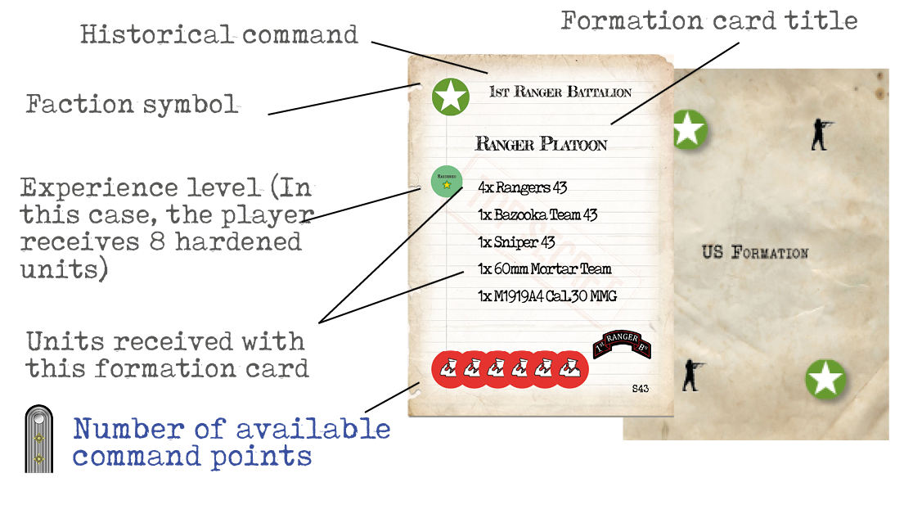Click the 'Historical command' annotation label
pyautogui.click(x=219, y=34)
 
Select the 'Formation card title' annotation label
pyautogui.click(x=708, y=21)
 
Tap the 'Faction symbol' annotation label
pyautogui.click(x=132, y=104)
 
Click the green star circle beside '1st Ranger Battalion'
pyautogui.click(x=450, y=97)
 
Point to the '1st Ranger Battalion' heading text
pyautogui.click(x=560, y=92)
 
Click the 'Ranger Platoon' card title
pyautogui.click(x=541, y=145)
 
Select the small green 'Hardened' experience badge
pyautogui.click(x=446, y=181)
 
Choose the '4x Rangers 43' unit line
pyautogui.click(x=522, y=187)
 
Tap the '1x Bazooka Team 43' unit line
pyautogui.click(x=537, y=215)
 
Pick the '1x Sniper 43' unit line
pyautogui.click(x=516, y=242)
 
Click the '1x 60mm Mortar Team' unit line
pyautogui.click(x=544, y=268)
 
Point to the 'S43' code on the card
pyautogui.click(x=640, y=389)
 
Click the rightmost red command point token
pyautogui.click(x=573, y=370)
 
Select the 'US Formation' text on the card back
pyautogui.click(x=754, y=252)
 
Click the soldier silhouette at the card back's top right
pyautogui.click(x=820, y=133)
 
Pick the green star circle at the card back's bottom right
pyautogui.click(x=825, y=380)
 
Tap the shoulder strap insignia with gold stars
pyautogui.click(x=38, y=439)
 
